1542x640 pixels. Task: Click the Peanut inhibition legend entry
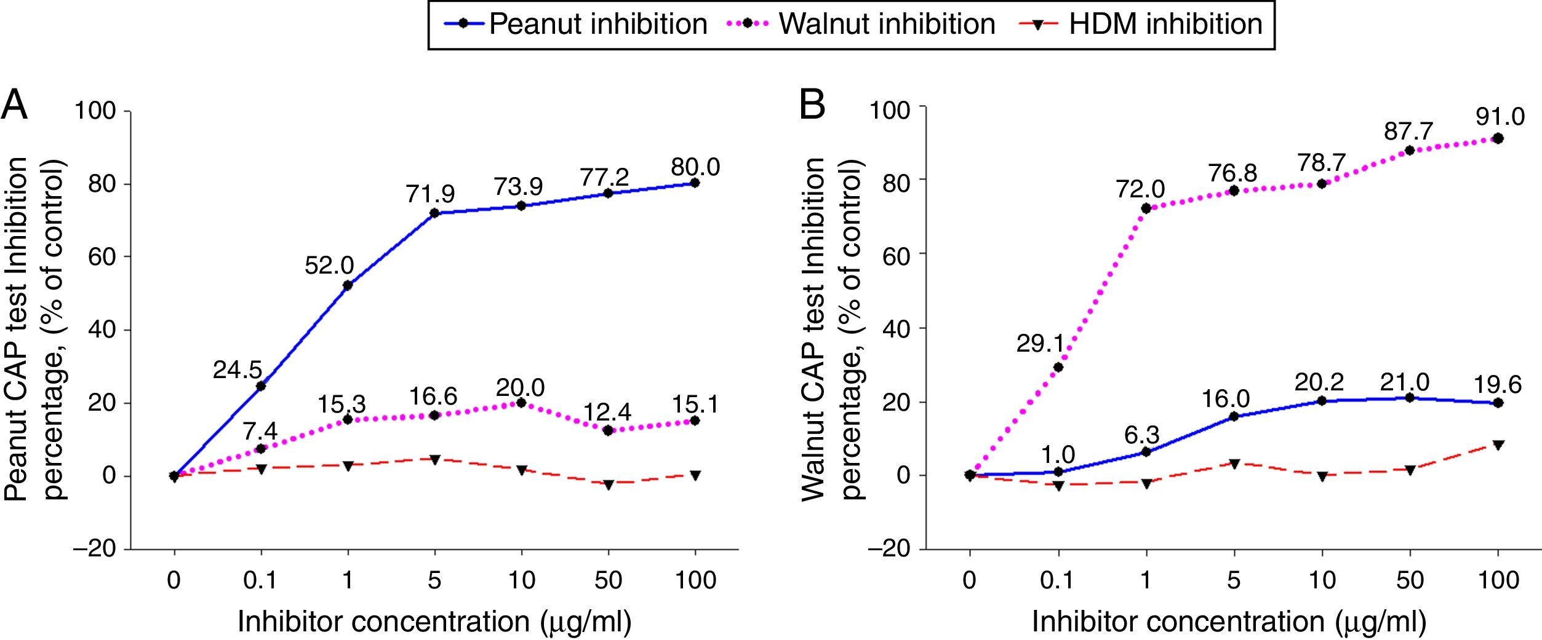(x=575, y=25)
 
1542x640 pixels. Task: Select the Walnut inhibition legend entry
(x=864, y=25)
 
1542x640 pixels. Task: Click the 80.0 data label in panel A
(x=695, y=167)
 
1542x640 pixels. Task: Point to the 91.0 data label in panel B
(x=1500, y=116)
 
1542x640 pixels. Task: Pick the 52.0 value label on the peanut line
(x=329, y=266)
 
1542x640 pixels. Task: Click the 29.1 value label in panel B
(x=1041, y=344)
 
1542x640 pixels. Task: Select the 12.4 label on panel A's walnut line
(x=608, y=413)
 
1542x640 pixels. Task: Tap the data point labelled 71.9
(x=434, y=213)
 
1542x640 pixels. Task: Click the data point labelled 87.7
(x=1410, y=150)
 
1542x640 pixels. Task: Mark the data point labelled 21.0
(x=1410, y=398)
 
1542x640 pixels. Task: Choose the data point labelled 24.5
(x=261, y=386)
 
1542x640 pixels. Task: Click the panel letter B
(x=812, y=106)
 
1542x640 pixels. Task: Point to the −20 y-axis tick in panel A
(x=95, y=549)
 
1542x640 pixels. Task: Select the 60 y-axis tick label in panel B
(x=897, y=254)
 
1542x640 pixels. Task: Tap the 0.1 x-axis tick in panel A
(x=261, y=580)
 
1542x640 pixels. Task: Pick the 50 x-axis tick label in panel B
(x=1410, y=580)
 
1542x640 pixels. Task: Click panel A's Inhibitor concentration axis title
(x=434, y=622)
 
